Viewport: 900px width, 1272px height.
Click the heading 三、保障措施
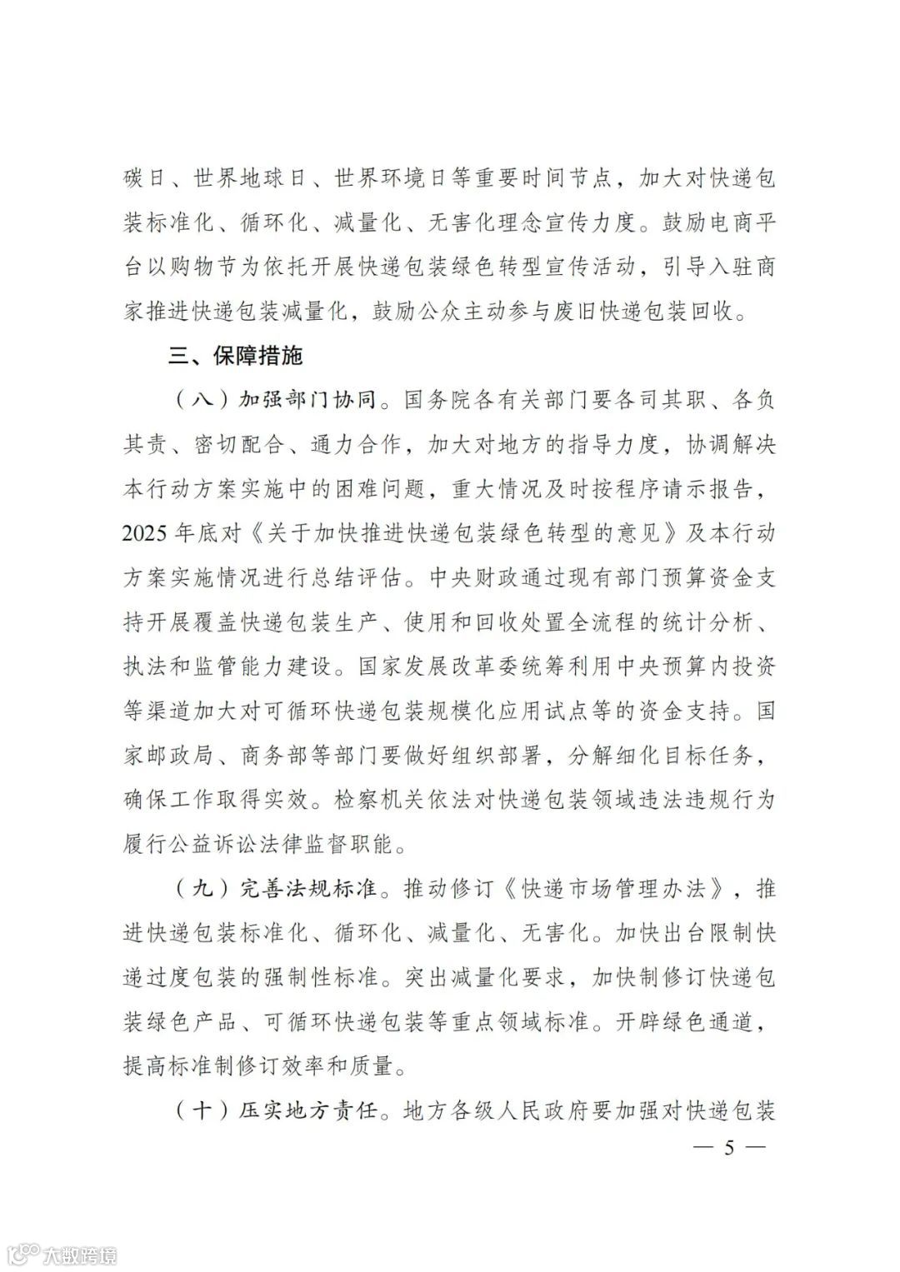coord(236,357)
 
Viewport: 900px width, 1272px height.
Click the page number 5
coord(729,1149)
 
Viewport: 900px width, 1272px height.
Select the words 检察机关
coord(375,800)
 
